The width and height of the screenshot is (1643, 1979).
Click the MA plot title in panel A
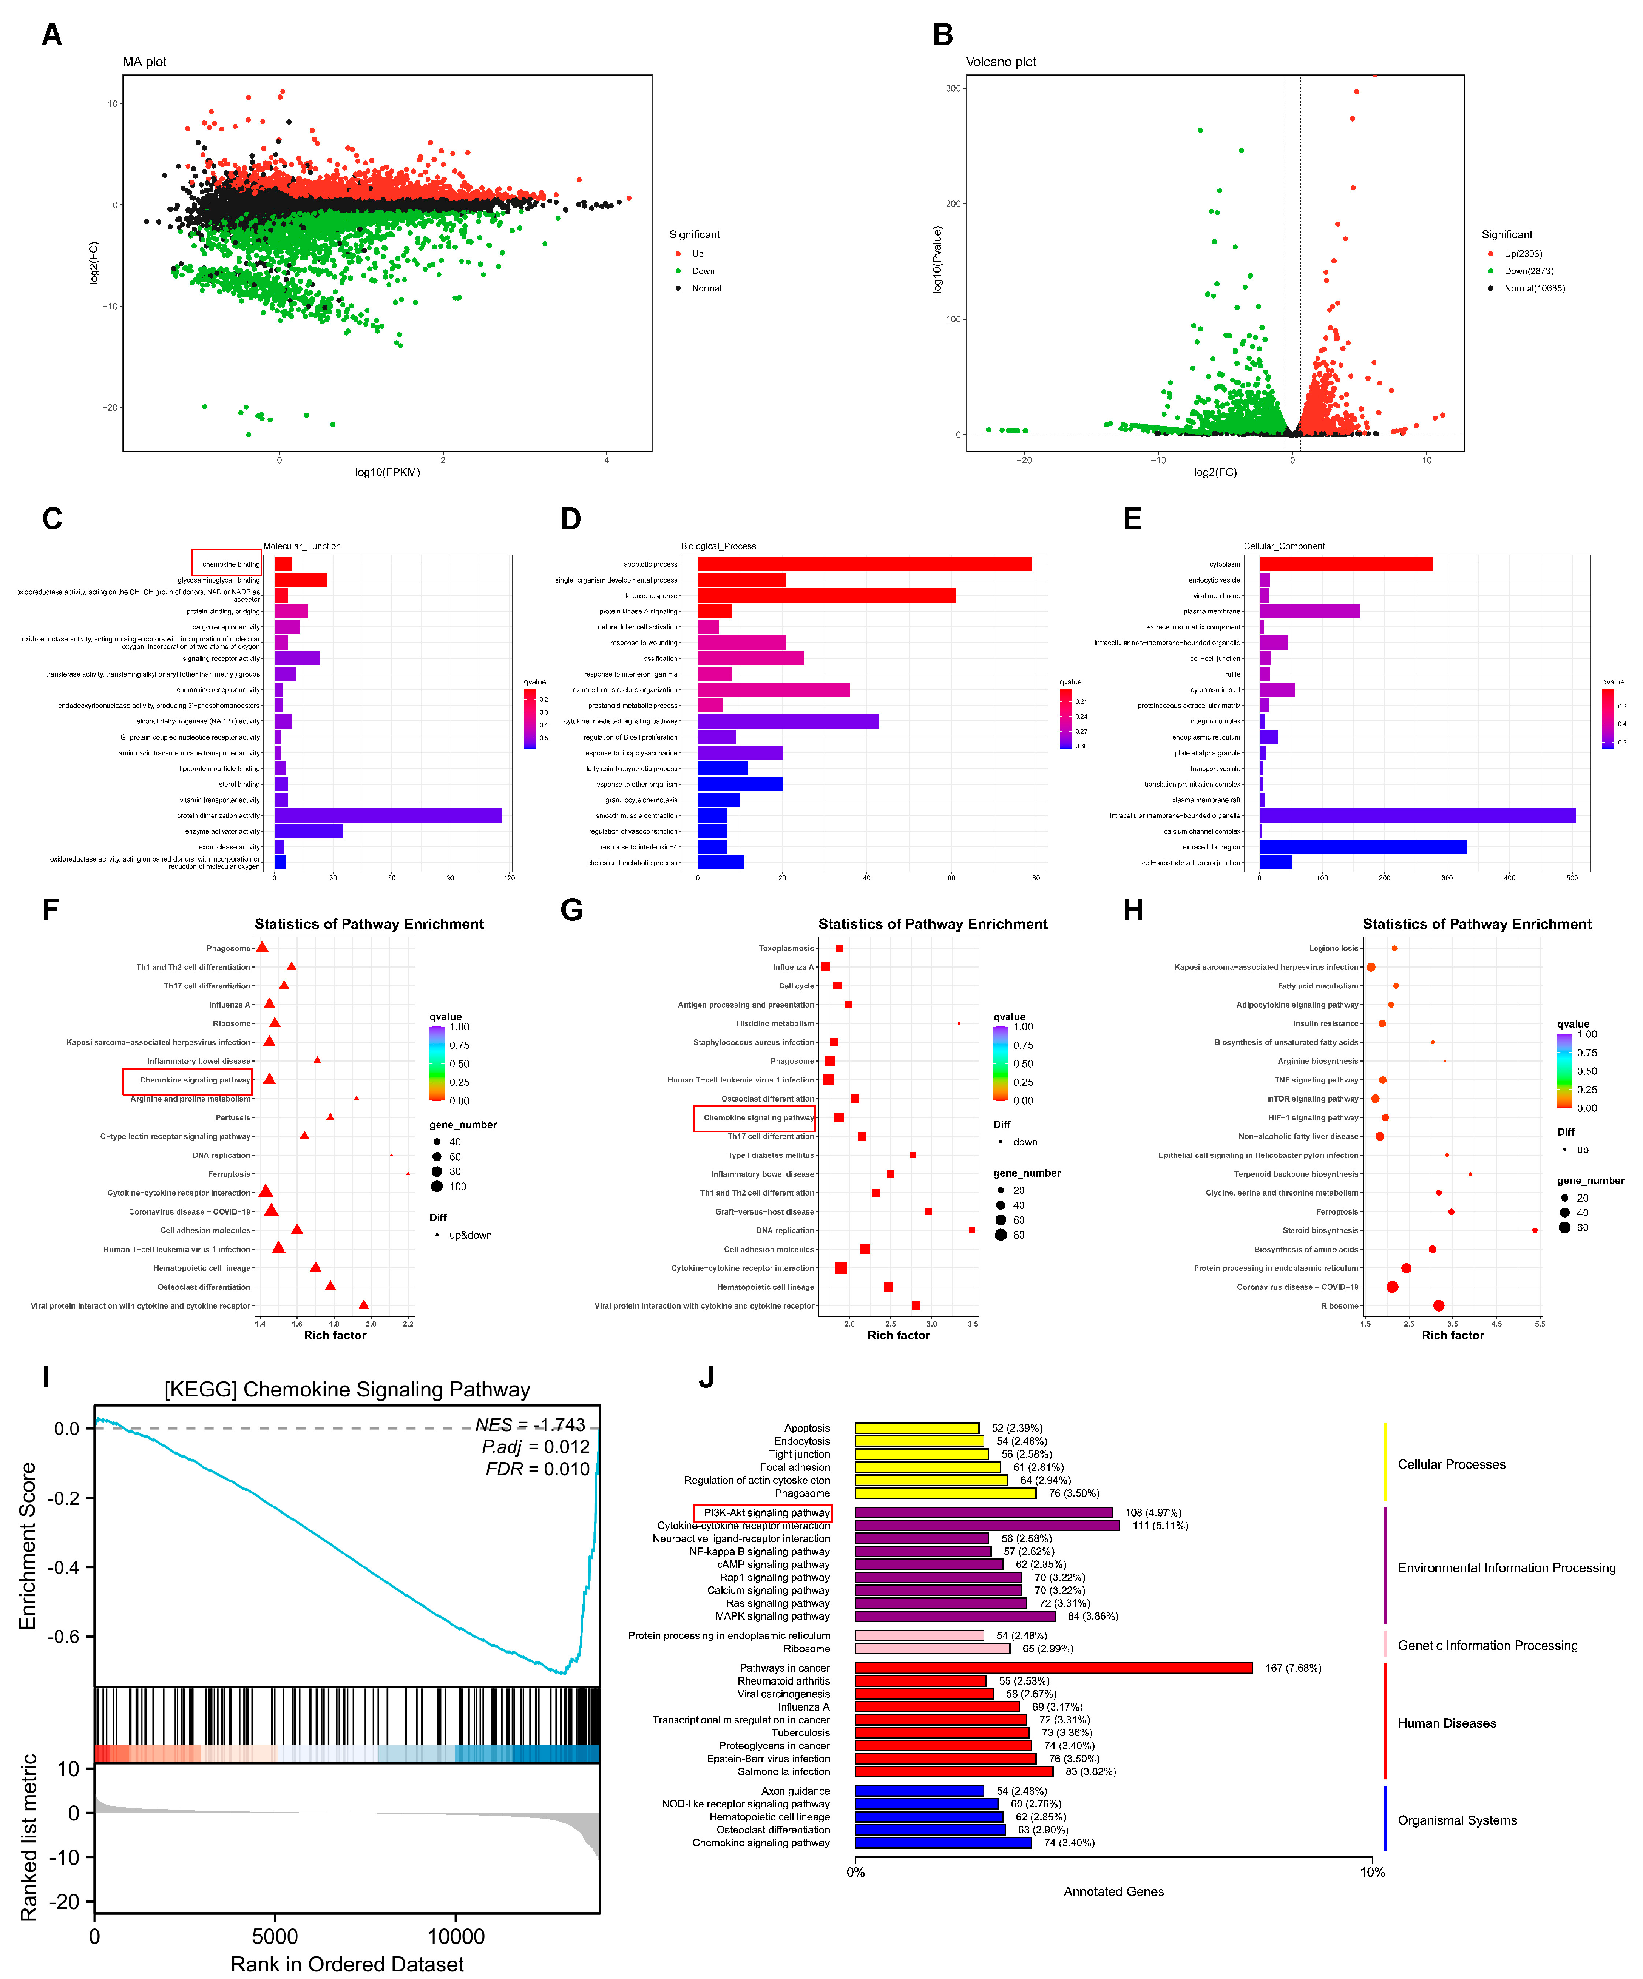pos(144,62)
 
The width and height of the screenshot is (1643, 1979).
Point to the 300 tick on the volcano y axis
pos(953,89)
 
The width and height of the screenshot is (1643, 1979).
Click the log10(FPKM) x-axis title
pos(386,472)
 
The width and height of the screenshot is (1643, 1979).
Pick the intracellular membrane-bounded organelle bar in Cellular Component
pos(1416,815)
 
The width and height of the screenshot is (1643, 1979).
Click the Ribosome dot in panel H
pos(1438,1305)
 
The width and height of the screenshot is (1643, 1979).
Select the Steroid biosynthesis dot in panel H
pos(1535,1230)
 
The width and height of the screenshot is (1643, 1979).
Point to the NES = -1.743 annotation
pos(530,1425)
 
